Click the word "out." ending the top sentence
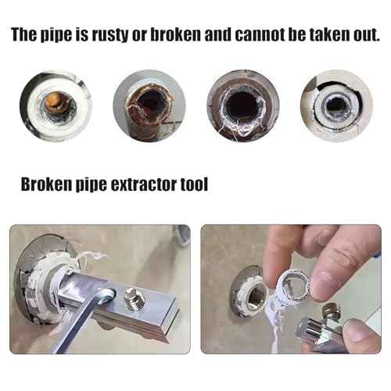click(365, 36)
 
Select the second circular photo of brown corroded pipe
click(149, 106)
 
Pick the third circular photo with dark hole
click(242, 106)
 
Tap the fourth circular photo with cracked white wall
click(336, 106)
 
